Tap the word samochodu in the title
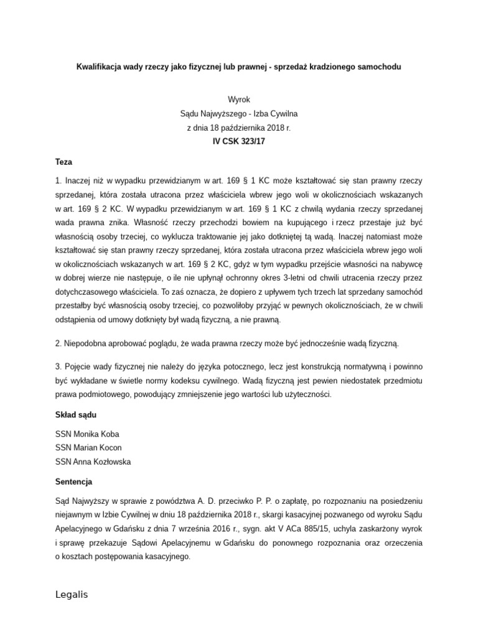(381, 66)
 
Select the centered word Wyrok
(239, 100)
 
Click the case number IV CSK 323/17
(239, 141)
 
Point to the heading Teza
(64, 161)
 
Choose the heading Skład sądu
(76, 415)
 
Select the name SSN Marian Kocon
(88, 448)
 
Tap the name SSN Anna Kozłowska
(93, 462)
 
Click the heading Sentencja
(74, 481)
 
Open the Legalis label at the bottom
(72, 595)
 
